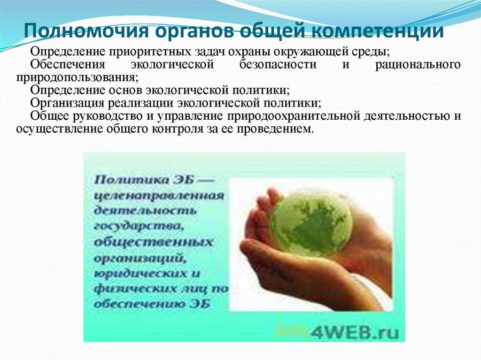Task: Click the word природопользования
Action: coord(76,77)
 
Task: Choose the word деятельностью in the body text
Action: coord(405,115)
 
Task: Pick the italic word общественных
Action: coord(153,242)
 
